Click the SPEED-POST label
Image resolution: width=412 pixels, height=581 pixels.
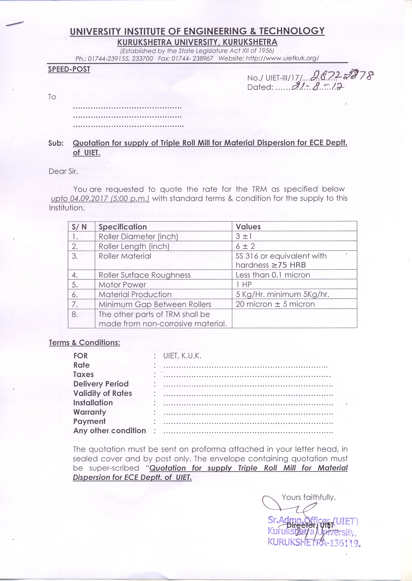point(69,69)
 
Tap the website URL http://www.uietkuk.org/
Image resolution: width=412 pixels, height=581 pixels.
point(282,58)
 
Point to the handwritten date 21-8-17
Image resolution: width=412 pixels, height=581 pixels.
point(318,87)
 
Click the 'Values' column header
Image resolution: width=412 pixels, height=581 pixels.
point(248,227)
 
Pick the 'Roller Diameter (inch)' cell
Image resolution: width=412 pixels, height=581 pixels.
point(138,237)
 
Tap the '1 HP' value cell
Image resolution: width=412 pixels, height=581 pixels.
point(243,285)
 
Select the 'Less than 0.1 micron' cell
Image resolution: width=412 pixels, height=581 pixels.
point(273,275)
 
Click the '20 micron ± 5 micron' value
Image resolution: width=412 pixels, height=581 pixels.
point(275,304)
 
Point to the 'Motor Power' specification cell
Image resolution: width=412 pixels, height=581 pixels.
point(122,285)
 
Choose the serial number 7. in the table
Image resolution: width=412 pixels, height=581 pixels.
point(75,304)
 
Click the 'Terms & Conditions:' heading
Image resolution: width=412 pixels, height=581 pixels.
point(84,343)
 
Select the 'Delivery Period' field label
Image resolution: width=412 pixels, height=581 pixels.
point(101,384)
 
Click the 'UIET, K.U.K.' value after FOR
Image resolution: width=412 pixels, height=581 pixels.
point(182,356)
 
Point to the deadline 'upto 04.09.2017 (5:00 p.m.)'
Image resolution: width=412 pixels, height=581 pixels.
point(100,198)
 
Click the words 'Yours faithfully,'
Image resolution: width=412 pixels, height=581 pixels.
point(309,497)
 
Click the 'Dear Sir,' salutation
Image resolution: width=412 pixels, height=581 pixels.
point(63,171)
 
